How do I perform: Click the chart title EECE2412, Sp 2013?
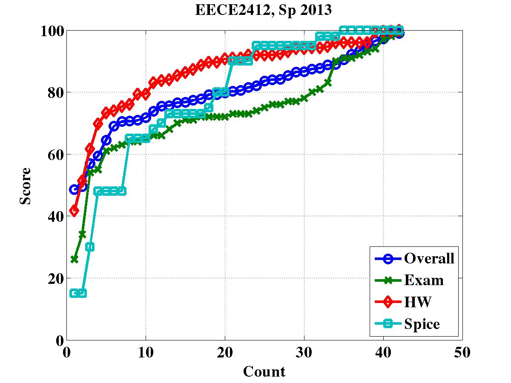click(263, 10)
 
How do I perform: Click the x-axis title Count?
click(264, 372)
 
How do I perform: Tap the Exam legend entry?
click(424, 280)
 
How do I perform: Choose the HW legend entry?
click(418, 303)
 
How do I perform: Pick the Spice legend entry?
click(422, 325)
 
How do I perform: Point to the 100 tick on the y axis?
click(52, 31)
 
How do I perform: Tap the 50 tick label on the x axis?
click(462, 353)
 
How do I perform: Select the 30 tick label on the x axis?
click(304, 353)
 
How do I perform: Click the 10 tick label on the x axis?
click(146, 353)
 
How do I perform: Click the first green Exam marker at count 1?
click(75, 259)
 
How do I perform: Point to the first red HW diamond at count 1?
click(75, 211)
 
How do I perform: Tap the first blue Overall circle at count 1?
click(75, 190)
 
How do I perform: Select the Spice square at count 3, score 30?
click(90, 247)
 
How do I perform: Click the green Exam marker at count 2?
click(82, 234)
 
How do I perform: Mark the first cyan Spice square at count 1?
click(75, 293)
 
